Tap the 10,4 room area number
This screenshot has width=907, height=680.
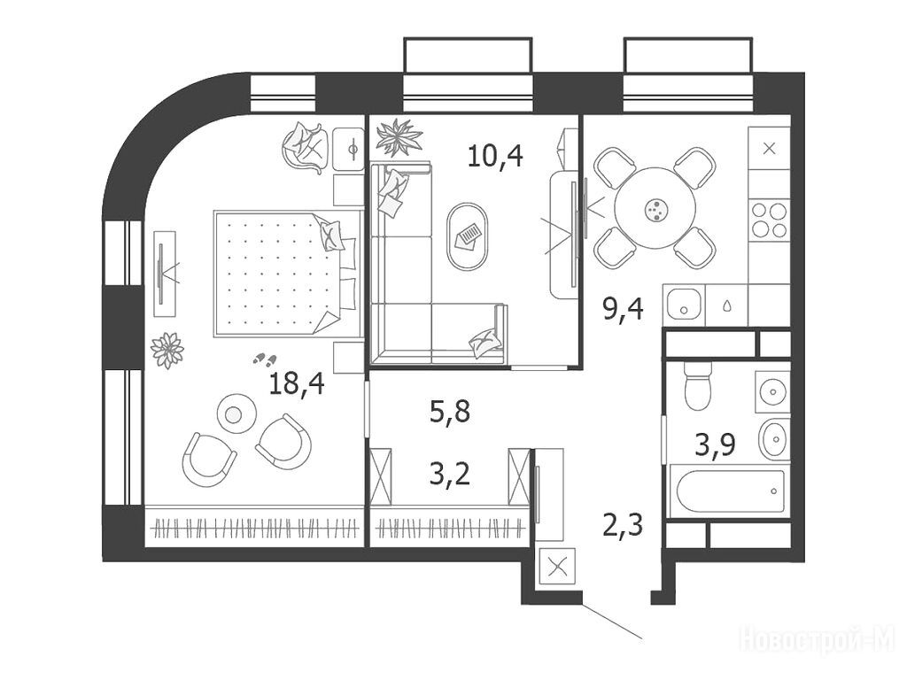(495, 156)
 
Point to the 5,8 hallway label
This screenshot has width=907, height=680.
(450, 413)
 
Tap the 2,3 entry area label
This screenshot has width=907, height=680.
(623, 526)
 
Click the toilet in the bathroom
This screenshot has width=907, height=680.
(697, 385)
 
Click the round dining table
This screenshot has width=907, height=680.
(655, 208)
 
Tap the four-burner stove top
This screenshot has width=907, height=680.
(770, 220)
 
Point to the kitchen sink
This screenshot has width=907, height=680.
(684, 305)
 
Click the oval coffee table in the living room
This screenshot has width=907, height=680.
(468, 236)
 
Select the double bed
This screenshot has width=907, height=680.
(286, 273)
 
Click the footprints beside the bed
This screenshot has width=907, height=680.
(266, 359)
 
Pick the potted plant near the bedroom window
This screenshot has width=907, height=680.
(167, 350)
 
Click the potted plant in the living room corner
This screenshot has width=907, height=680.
(399, 136)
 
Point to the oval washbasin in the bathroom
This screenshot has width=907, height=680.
(772, 439)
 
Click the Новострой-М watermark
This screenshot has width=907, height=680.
(818, 639)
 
